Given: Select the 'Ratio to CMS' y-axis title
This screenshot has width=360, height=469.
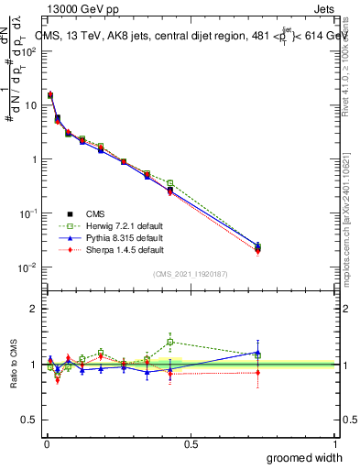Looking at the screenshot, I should [x=14, y=365].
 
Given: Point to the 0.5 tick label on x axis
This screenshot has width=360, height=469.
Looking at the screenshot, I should [x=190, y=442].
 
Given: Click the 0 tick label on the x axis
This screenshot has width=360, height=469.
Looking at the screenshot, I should [x=46, y=442].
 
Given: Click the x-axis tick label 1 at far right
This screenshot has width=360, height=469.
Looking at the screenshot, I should [x=334, y=442].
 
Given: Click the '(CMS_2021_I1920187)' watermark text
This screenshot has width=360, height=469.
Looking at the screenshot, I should [x=190, y=274].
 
